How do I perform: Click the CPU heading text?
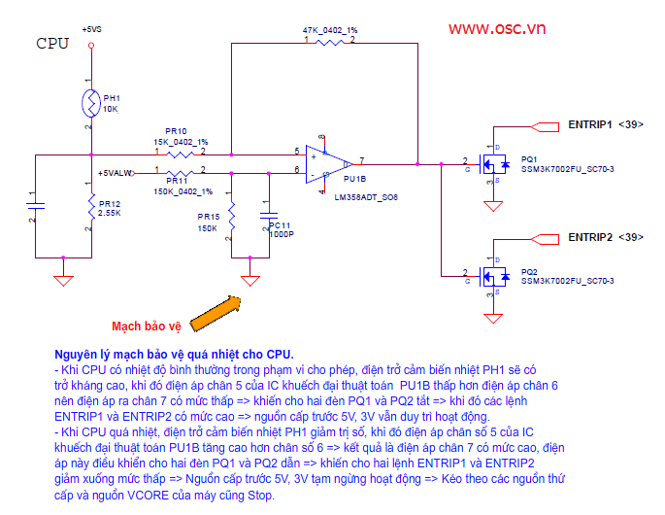tap(52, 43)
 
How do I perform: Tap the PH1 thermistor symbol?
tap(89, 103)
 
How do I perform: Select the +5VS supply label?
tap(91, 30)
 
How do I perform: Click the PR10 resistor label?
tap(176, 130)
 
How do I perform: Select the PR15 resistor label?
tap(208, 216)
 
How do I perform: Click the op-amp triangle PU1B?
tap(324, 163)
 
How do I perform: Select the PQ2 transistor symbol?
tap(494, 278)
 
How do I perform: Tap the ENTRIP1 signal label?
tap(590, 125)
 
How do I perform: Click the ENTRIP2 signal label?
tap(590, 237)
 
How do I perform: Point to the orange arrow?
tap(215, 314)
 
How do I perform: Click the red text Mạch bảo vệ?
tap(146, 326)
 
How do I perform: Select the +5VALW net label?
tap(116, 173)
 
